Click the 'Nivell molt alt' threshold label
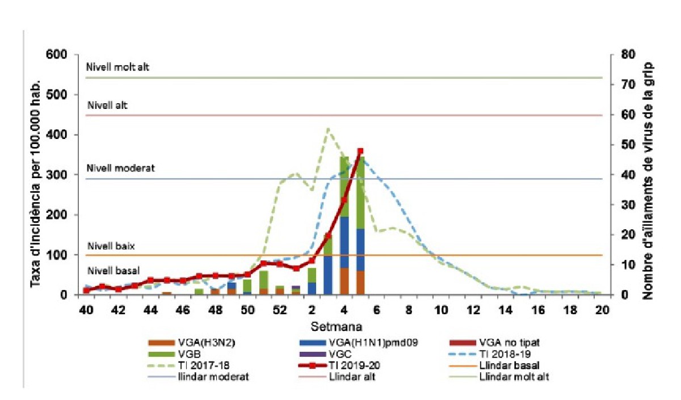(x=117, y=67)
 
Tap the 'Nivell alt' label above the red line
(x=107, y=106)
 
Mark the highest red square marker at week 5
(x=360, y=151)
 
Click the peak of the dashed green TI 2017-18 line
(x=327, y=129)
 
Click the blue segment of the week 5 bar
(x=360, y=250)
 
